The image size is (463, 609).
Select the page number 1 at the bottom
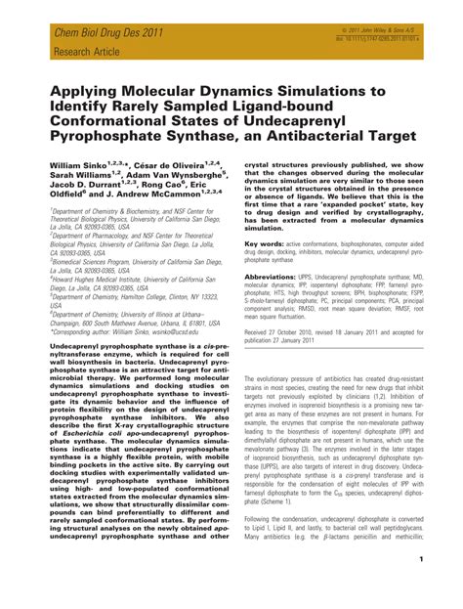click(445, 587)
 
